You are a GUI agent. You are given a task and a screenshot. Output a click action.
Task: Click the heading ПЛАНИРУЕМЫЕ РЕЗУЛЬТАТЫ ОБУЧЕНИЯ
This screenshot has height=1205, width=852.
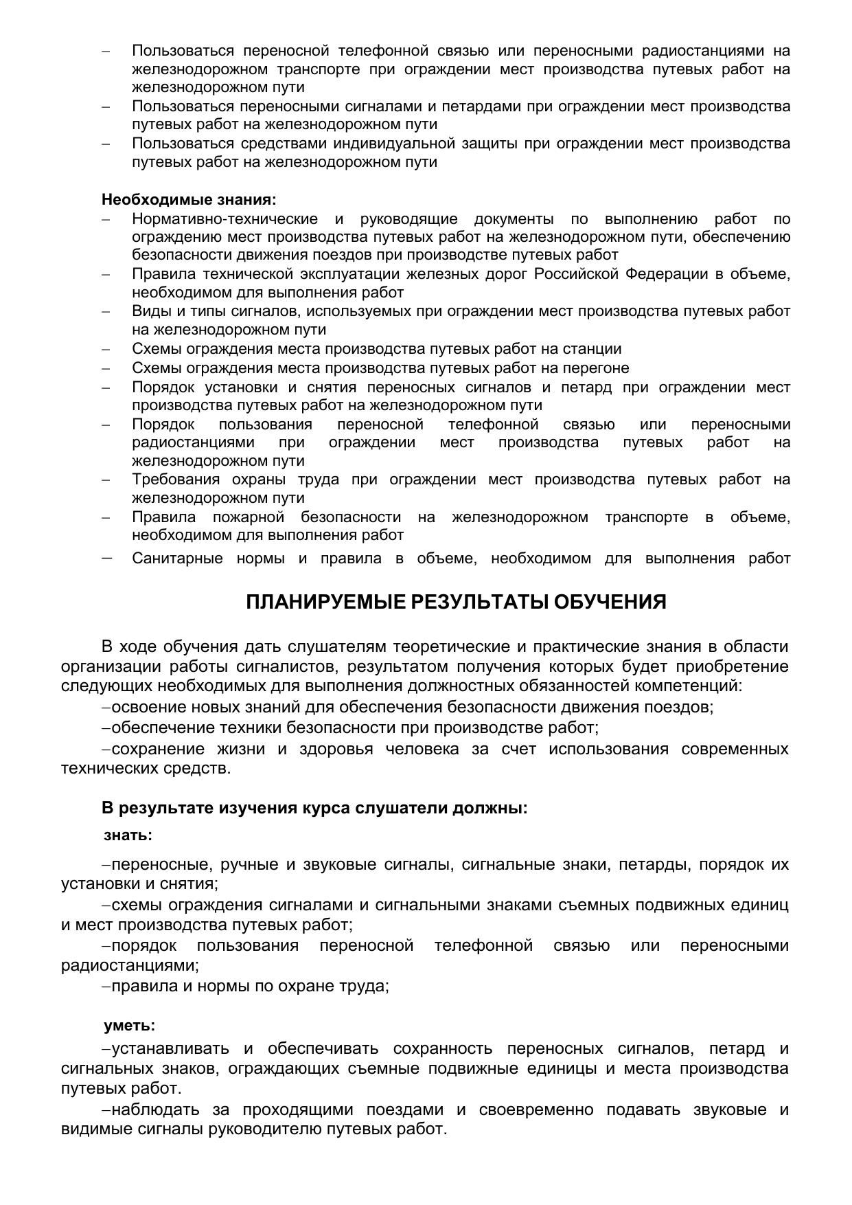click(456, 602)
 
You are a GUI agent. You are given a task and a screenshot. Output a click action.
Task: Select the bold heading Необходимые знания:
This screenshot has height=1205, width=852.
click(189, 200)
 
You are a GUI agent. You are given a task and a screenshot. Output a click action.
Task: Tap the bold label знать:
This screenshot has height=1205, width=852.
click(128, 835)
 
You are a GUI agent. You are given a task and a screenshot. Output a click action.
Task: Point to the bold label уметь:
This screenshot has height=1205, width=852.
click(129, 1026)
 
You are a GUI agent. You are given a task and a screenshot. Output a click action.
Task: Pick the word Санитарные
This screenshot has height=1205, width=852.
click(177, 559)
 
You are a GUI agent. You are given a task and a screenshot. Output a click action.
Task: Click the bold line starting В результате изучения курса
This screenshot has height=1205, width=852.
click(314, 808)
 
